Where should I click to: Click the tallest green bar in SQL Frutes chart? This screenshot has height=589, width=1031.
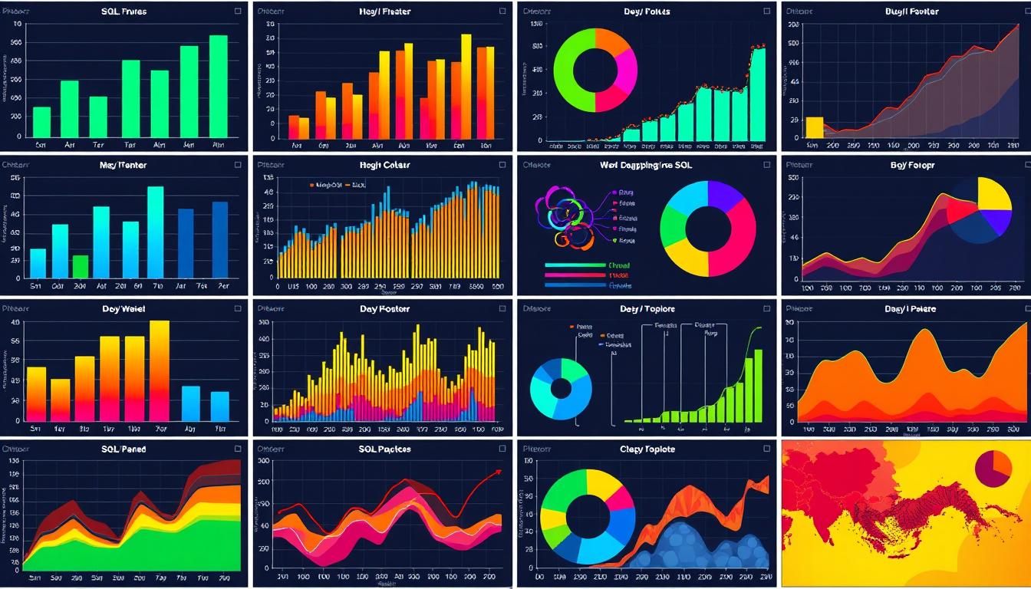(219, 86)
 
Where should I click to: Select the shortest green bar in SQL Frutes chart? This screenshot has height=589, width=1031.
(41, 122)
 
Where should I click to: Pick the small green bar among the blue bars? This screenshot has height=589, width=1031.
(81, 266)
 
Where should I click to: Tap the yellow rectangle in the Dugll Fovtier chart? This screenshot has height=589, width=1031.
(814, 127)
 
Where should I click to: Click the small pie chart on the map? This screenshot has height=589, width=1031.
(993, 469)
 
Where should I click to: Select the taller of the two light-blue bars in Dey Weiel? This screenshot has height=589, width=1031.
(190, 403)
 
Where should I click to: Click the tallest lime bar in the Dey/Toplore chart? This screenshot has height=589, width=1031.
(758, 385)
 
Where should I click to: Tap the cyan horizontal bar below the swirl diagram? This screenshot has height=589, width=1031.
(575, 265)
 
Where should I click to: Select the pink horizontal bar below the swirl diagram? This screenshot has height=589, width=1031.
(575, 275)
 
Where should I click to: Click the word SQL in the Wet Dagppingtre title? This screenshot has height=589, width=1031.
(685, 165)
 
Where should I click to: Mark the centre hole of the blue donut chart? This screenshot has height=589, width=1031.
(561, 388)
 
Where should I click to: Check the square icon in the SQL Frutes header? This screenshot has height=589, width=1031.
(238, 12)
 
